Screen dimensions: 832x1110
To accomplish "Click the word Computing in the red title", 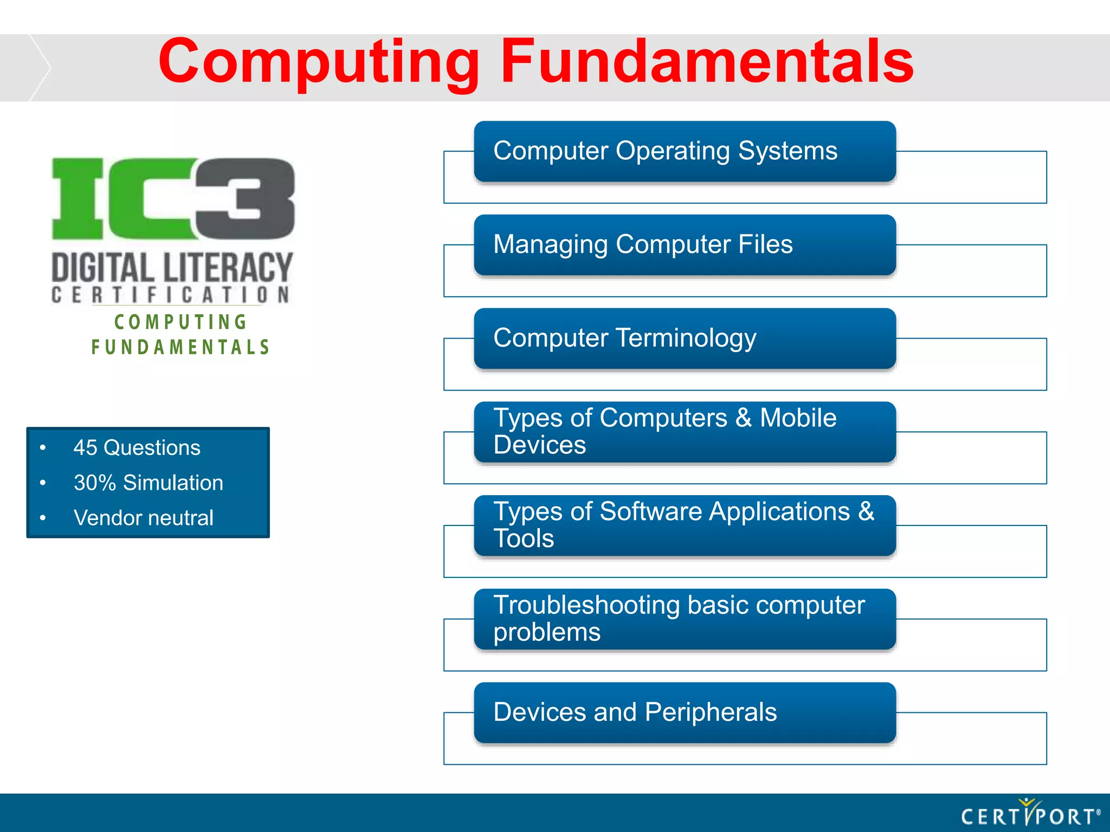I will click(319, 62).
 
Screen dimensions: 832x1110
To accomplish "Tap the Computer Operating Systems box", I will click(684, 151).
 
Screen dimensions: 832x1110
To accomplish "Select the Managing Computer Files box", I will click(684, 245).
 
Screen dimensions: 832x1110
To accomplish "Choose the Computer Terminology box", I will click(684, 339).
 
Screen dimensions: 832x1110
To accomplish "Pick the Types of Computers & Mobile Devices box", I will click(684, 432).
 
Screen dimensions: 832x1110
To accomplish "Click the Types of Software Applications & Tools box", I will click(684, 525).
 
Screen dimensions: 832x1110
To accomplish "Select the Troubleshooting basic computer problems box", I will click(684, 619).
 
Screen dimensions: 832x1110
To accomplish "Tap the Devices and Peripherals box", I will click(684, 712).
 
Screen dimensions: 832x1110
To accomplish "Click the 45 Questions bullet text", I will click(137, 448).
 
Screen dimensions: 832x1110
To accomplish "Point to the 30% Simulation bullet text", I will click(148, 483).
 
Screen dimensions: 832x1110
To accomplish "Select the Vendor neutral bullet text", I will click(143, 518).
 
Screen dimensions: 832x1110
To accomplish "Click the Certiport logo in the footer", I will click(1030, 814).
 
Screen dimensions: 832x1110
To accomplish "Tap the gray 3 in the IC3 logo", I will click(245, 198).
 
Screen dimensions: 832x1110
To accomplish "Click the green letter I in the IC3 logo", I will click(78, 198).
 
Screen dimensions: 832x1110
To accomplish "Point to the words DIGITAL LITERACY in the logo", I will click(172, 268).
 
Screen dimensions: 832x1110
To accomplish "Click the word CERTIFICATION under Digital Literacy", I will click(171, 295).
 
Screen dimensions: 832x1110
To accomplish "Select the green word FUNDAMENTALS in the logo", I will click(180, 347).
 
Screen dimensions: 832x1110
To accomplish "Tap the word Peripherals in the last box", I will click(711, 712).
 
